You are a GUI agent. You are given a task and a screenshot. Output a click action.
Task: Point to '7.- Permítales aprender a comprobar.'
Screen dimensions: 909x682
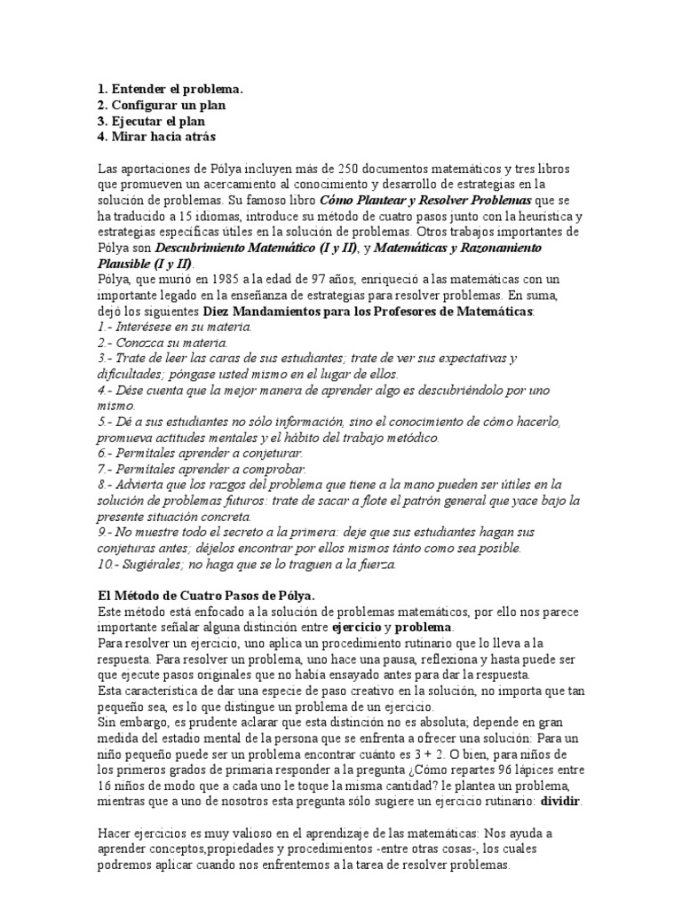point(200,469)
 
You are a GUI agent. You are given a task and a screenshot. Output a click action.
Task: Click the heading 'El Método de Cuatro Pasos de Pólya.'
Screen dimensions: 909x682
point(204,595)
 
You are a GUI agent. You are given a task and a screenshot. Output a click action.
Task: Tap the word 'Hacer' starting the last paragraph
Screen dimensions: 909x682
point(115,833)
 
